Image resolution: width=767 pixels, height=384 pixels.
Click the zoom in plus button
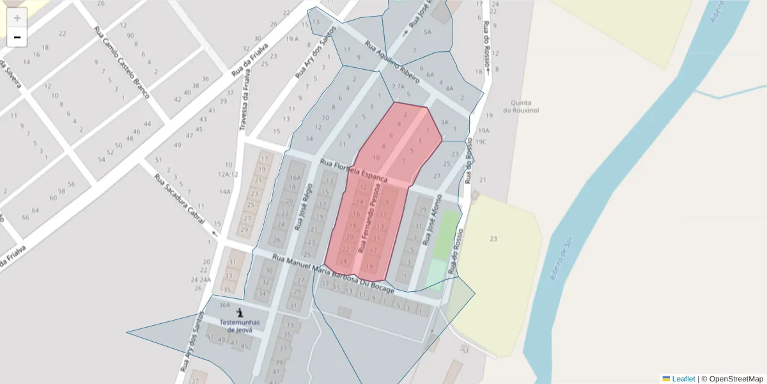pyautogui.click(x=17, y=18)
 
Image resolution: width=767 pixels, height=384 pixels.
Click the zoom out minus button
pyautogui.click(x=17, y=37)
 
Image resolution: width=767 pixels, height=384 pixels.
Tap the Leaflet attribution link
pyautogui.click(x=683, y=379)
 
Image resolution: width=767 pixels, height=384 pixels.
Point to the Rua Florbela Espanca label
pyautogui.click(x=353, y=170)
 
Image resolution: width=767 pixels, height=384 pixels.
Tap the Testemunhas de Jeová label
pyautogui.click(x=240, y=326)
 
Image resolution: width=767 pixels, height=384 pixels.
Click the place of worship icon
pyautogui.click(x=240, y=313)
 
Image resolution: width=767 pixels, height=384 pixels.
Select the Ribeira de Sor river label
pyautogui.click(x=559, y=261)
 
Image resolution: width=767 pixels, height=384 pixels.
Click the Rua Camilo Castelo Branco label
pyautogui.click(x=121, y=62)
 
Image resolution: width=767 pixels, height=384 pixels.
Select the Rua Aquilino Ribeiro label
pyautogui.click(x=392, y=63)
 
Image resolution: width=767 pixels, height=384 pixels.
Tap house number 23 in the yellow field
pyautogui.click(x=493, y=239)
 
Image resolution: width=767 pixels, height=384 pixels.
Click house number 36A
pyautogui.click(x=224, y=305)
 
